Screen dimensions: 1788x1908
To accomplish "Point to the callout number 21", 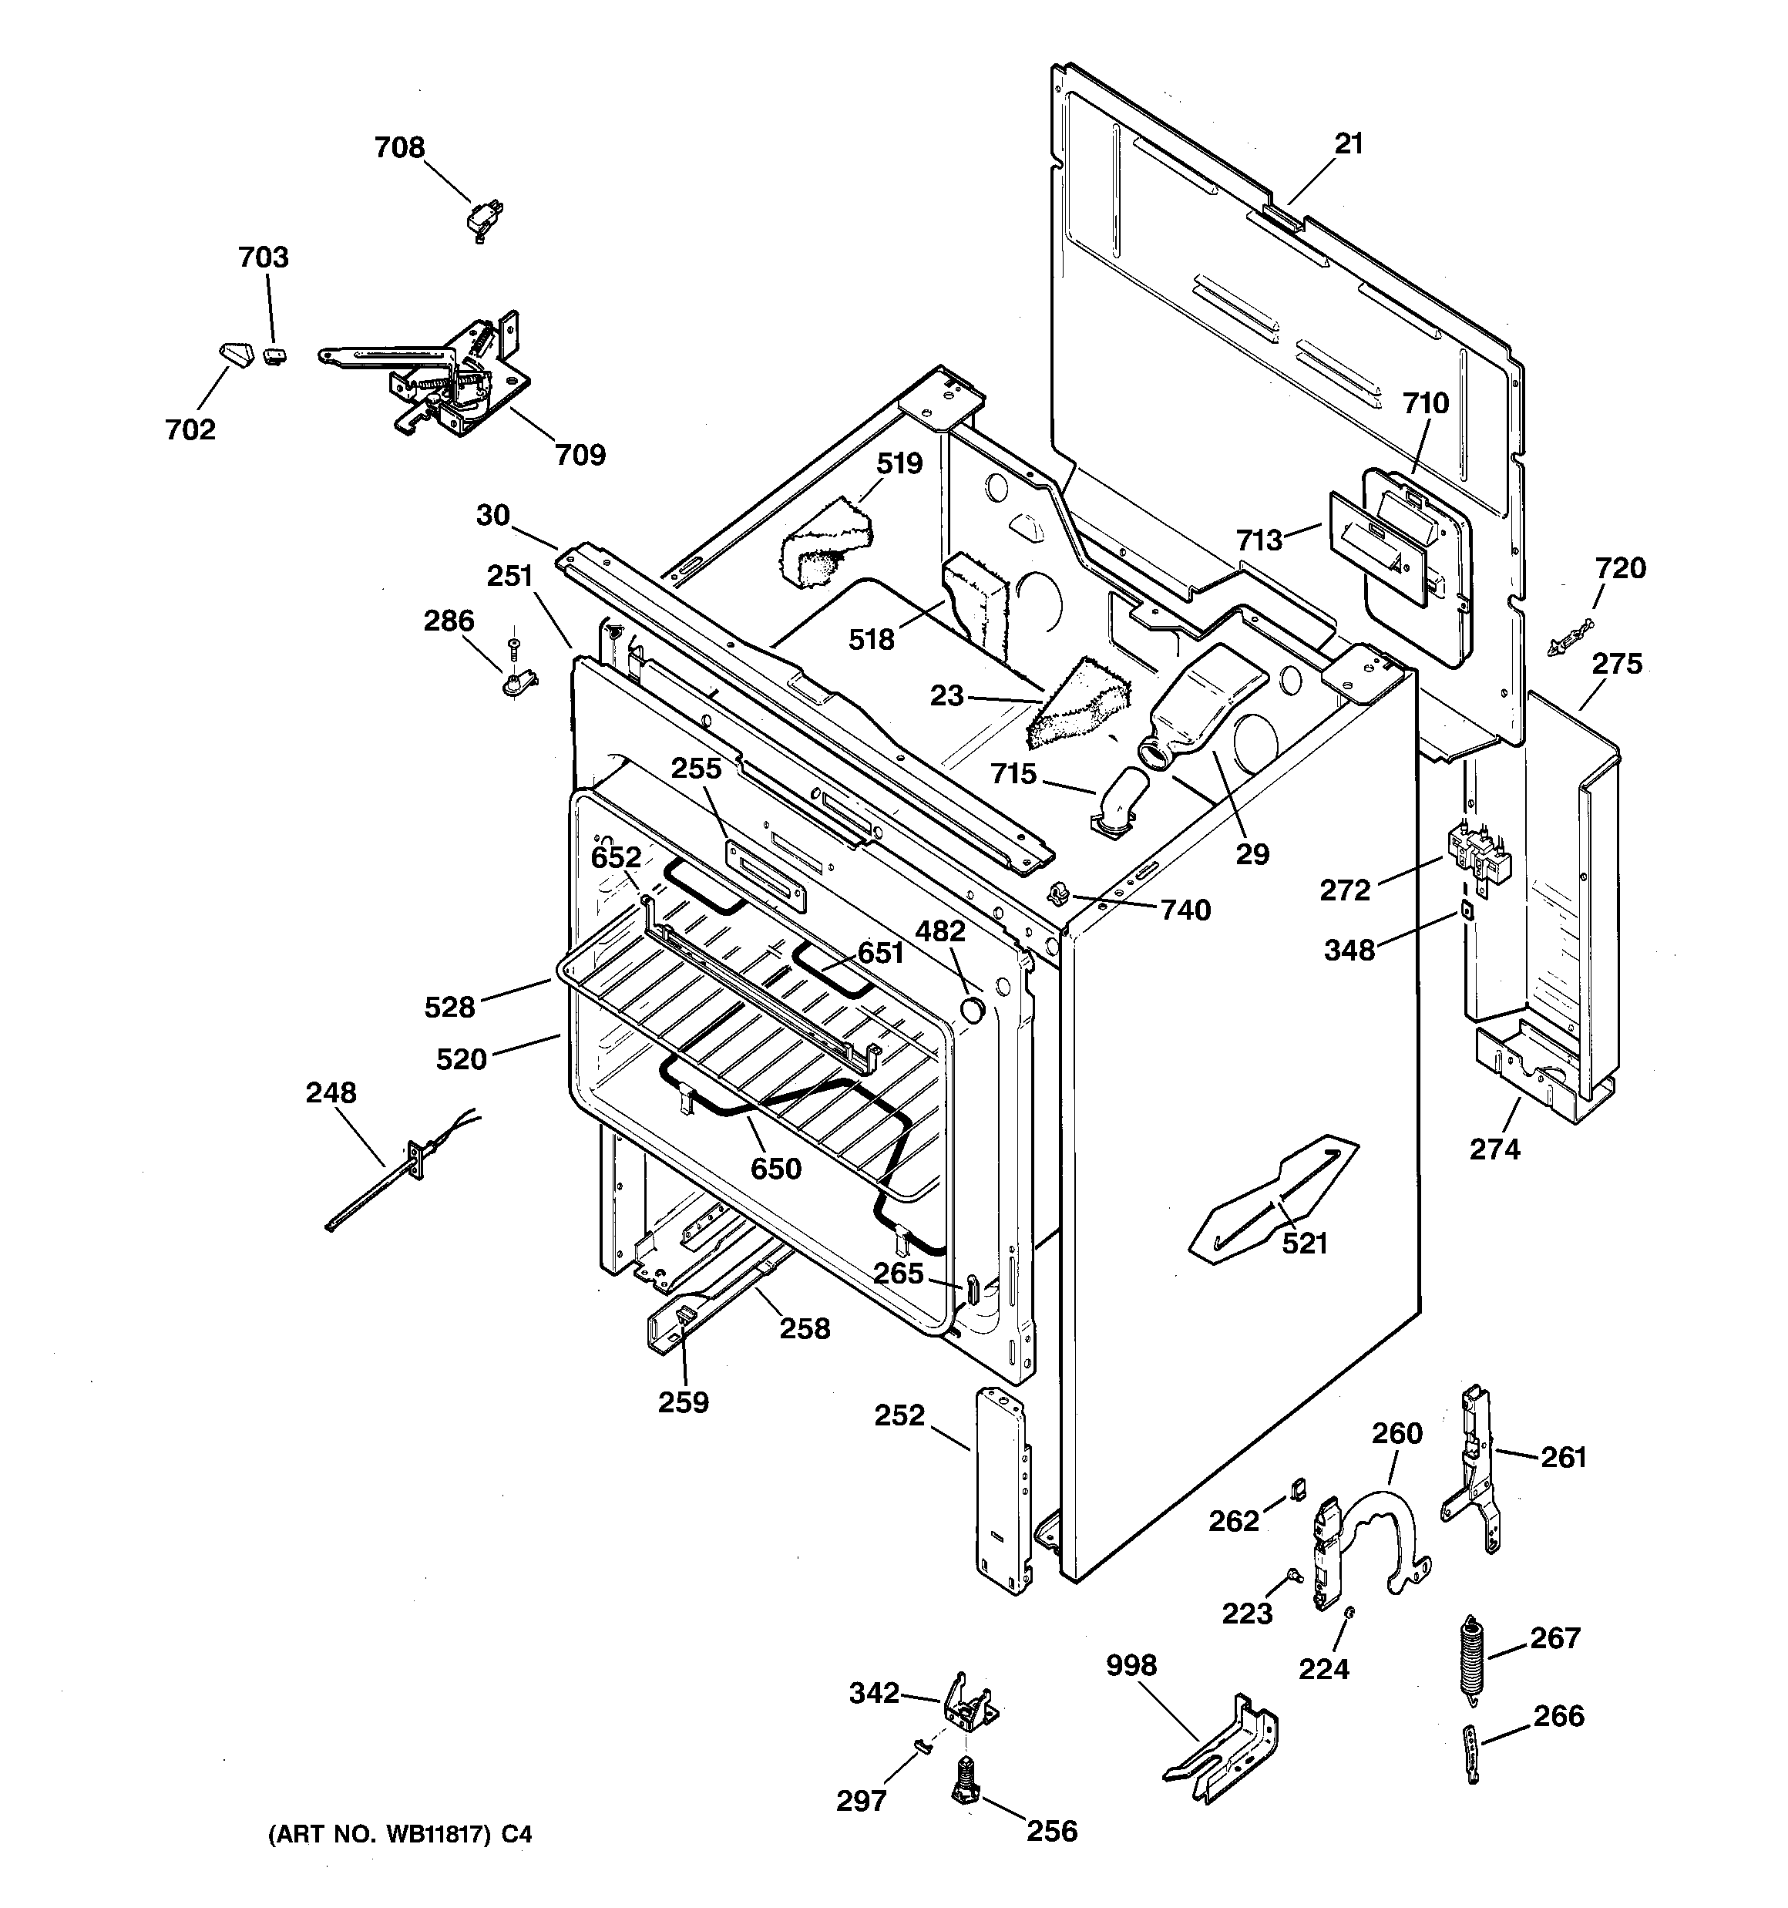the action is (x=1349, y=144).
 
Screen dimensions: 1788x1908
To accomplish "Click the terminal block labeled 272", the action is (x=1479, y=853).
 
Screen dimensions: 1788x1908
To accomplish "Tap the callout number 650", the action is (x=775, y=1168).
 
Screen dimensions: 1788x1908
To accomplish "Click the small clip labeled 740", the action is (x=1059, y=893).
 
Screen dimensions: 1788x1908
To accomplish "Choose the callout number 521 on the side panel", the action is (x=1304, y=1243).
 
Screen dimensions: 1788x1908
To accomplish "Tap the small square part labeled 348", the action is (x=1467, y=908).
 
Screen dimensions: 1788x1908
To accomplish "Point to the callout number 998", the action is (x=1131, y=1665).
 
